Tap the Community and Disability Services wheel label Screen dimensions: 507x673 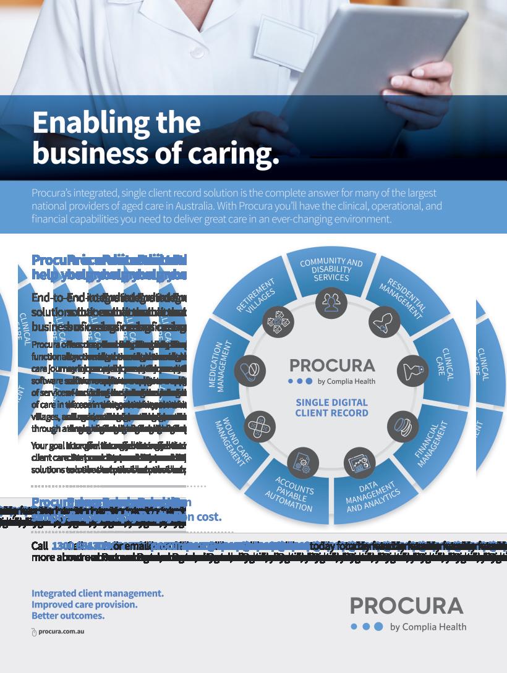coord(331,270)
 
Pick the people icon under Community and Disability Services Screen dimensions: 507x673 coord(331,302)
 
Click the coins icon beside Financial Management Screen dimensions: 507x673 coord(403,426)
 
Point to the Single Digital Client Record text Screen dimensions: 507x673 coord(331,408)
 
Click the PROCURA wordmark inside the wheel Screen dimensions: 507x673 coord(331,365)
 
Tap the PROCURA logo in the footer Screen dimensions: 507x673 coord(406,606)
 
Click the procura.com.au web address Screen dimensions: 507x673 coord(61,632)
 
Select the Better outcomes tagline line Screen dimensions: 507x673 coord(68,616)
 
